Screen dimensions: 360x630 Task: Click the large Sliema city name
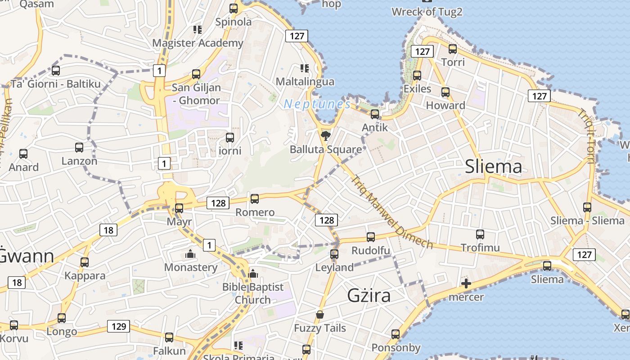(x=494, y=166)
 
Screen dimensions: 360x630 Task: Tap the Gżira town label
(x=369, y=295)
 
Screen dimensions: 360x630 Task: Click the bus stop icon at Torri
(x=453, y=49)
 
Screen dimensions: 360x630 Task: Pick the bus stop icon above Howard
(x=445, y=92)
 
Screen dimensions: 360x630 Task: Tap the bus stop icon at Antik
(x=375, y=114)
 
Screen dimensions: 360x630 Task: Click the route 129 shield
(x=119, y=326)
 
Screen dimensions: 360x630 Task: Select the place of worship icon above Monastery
(x=190, y=254)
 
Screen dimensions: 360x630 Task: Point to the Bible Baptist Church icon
(x=253, y=274)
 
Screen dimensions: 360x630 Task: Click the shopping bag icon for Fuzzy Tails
(x=320, y=315)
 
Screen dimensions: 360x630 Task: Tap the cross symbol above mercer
(x=466, y=283)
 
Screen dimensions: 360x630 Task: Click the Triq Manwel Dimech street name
(x=391, y=211)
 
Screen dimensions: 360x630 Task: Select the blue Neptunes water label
(x=317, y=104)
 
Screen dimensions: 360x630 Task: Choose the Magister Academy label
(x=198, y=43)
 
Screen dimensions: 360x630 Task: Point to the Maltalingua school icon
(x=305, y=68)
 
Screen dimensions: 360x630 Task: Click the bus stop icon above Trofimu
(x=480, y=234)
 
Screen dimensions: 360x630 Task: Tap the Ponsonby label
(x=396, y=348)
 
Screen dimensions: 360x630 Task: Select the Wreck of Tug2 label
(x=427, y=12)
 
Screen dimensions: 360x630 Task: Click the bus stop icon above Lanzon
(x=79, y=148)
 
